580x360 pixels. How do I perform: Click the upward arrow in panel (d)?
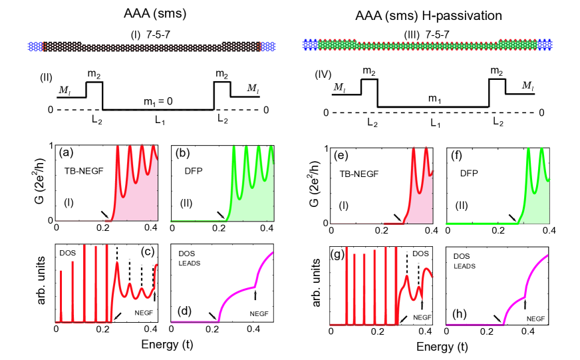[255, 295]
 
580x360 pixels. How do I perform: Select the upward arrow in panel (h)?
[525, 305]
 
